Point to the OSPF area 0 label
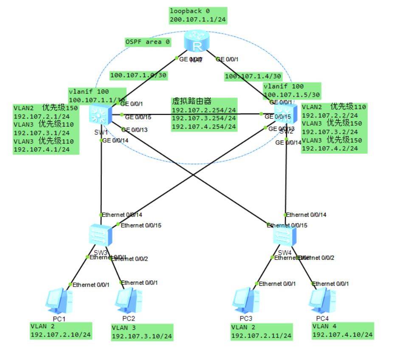147,42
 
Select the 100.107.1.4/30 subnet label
253,76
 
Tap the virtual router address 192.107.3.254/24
204,118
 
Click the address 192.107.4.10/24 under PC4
343,335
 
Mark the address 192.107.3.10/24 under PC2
142,336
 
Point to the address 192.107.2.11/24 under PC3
261,336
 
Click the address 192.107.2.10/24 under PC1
60,335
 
